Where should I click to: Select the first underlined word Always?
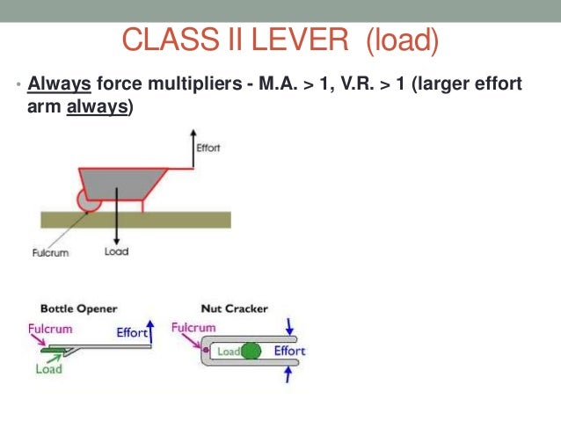point(59,86)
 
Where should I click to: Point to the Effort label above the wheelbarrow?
point(208,148)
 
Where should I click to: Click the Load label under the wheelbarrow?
point(116,252)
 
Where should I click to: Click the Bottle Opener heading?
point(79,309)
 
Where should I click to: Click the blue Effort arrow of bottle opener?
point(150,331)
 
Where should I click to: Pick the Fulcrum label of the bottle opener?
point(49,328)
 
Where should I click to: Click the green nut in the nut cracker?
point(251,351)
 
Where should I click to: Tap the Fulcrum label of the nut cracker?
point(194,328)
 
